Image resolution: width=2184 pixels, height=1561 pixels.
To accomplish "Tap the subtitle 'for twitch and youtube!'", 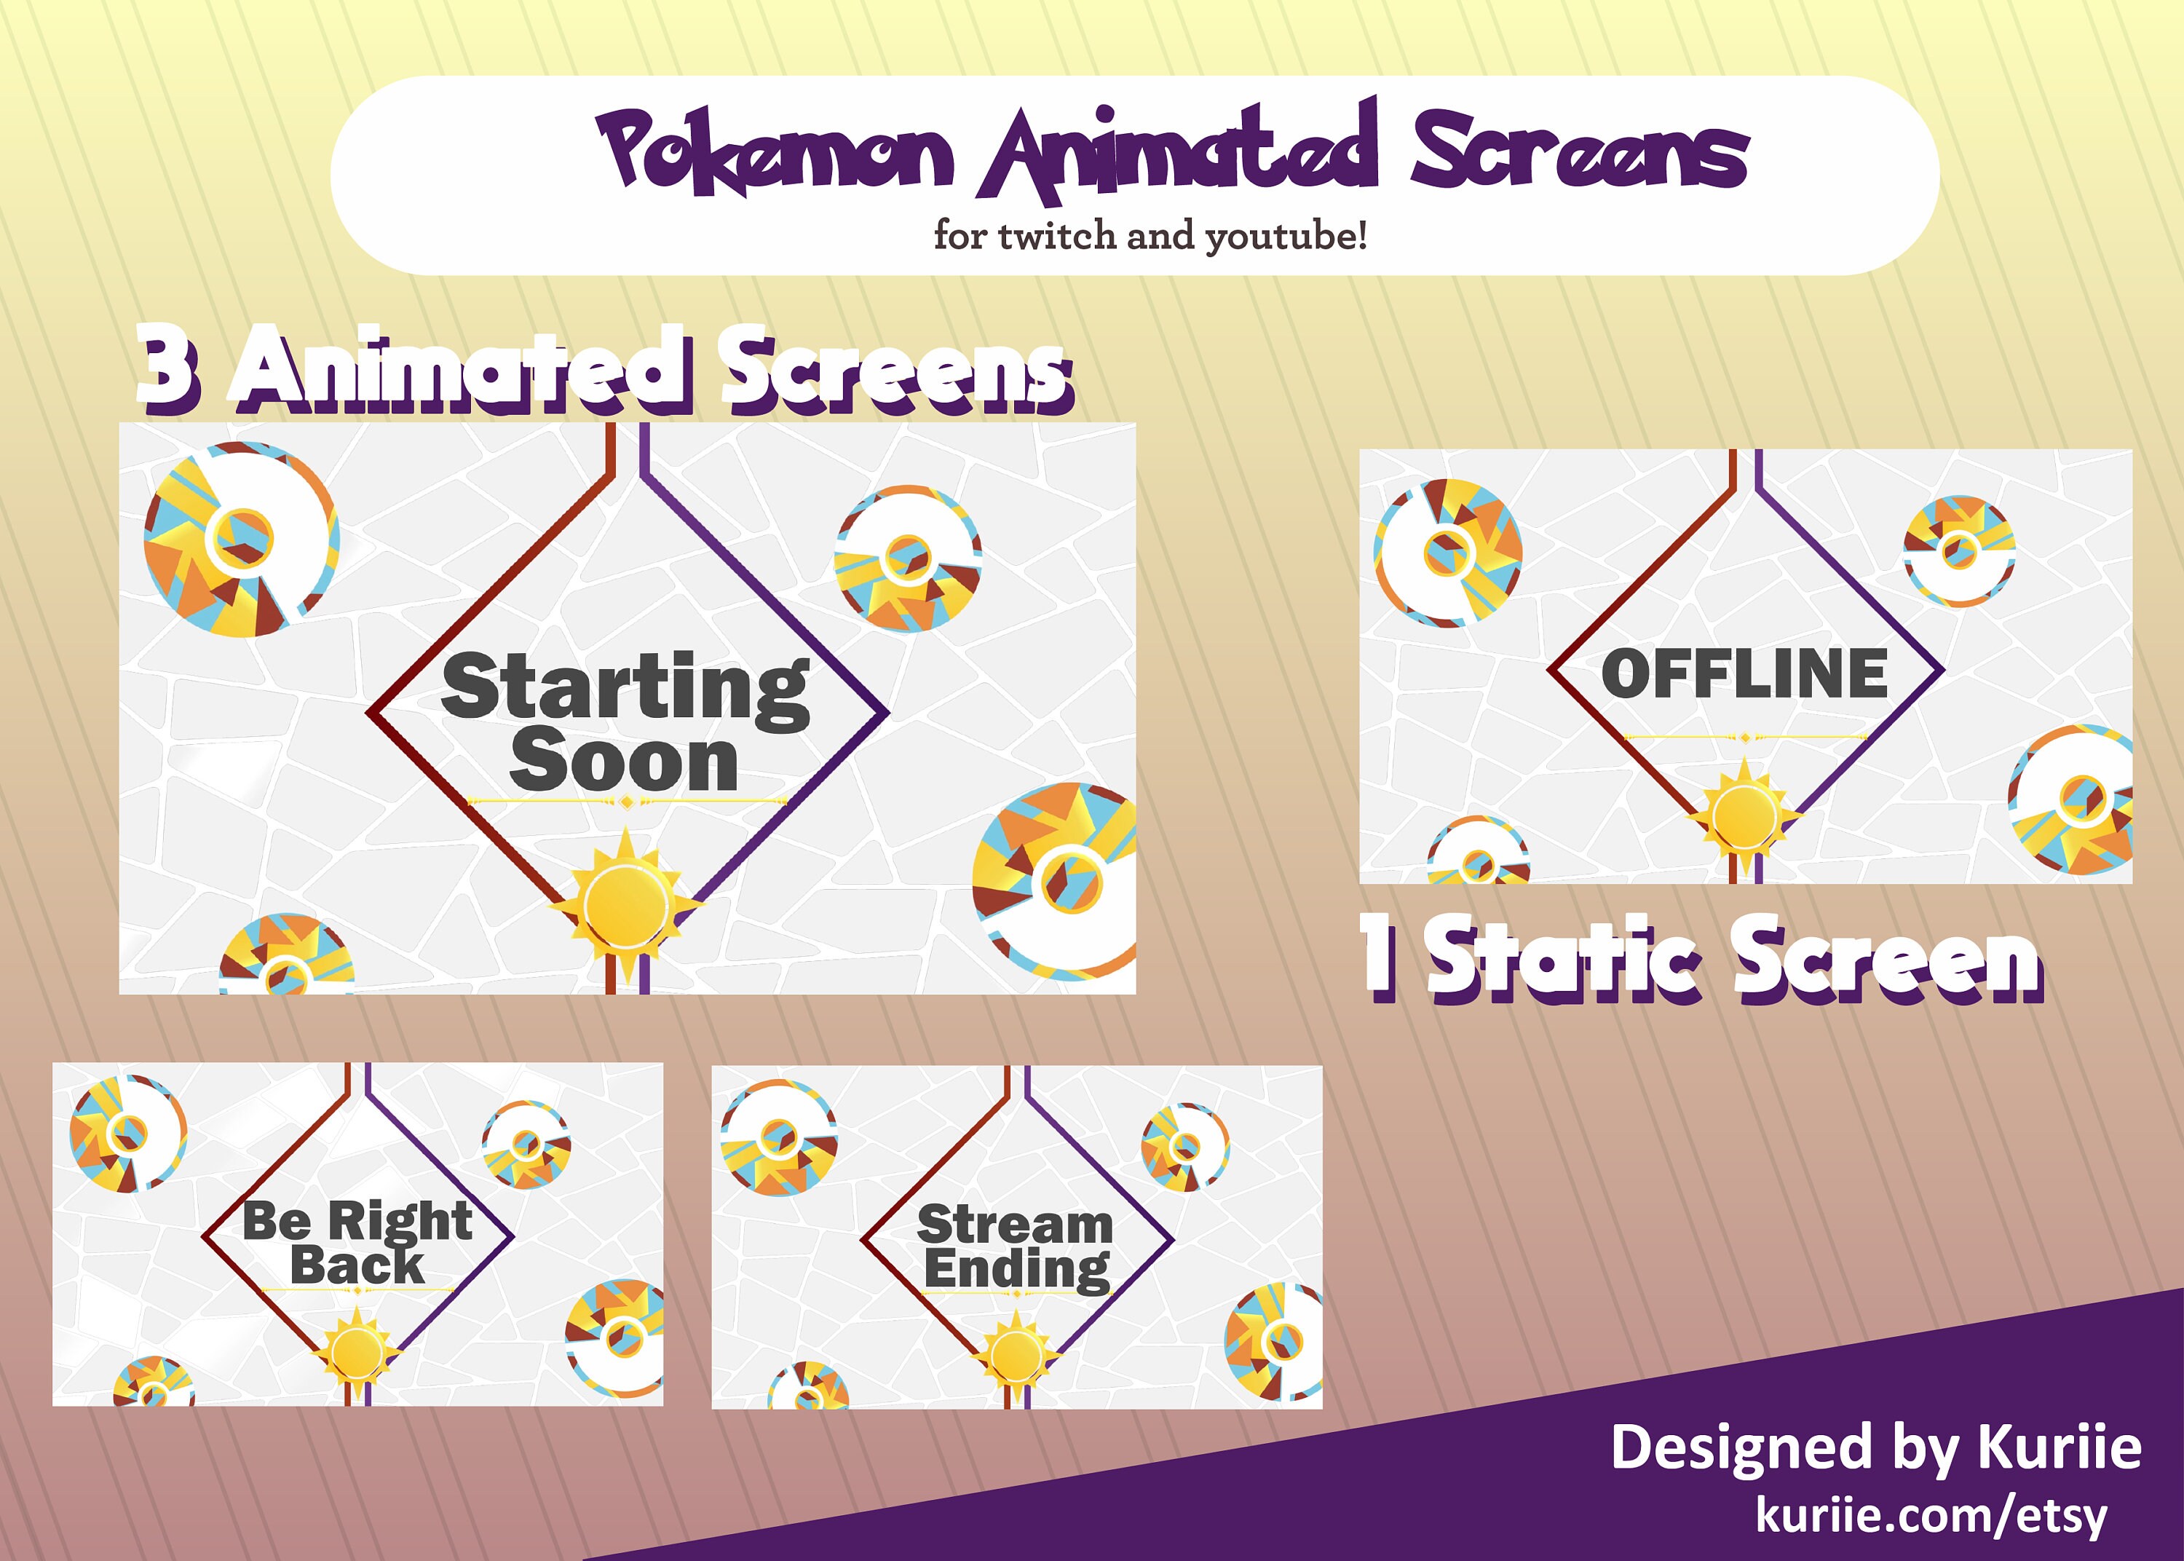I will point(1150,235).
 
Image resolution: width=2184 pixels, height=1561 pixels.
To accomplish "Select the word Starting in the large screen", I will point(625,687).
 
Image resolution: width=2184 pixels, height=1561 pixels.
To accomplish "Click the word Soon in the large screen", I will point(625,762).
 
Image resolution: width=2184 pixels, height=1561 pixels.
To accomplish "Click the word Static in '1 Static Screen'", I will point(1563,961).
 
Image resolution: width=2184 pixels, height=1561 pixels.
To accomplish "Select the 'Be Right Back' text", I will point(357,1242).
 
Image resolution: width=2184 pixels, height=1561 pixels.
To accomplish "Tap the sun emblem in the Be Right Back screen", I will point(357,1351).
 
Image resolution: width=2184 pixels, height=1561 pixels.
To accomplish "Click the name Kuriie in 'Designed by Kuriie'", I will point(2059,1447).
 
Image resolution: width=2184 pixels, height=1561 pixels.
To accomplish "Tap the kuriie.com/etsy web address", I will point(1931,1516).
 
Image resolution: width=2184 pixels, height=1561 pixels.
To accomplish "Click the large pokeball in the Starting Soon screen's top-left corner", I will point(241,540).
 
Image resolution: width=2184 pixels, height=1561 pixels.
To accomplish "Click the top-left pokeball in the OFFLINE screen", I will point(1447,553).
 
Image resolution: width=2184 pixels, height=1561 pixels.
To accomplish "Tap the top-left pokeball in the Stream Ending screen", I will point(778,1137).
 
